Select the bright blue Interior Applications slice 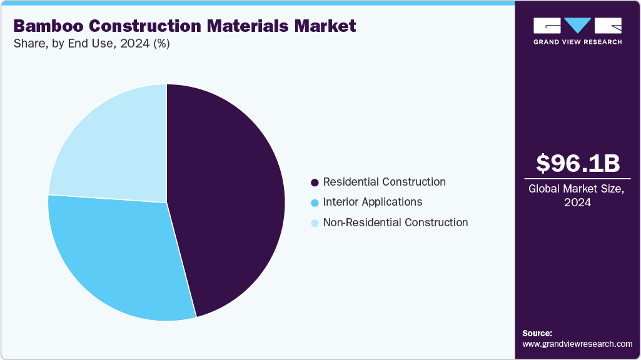[x=119, y=256]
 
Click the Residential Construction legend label [x=384, y=182]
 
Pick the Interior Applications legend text [x=372, y=202]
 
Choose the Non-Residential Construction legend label [x=395, y=222]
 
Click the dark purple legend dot [x=315, y=182]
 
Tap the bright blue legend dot [x=315, y=202]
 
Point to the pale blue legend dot [x=315, y=222]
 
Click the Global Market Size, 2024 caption [x=577, y=195]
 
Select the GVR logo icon [x=577, y=26]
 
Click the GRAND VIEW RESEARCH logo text [x=577, y=42]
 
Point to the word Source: [x=537, y=333]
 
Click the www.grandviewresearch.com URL [x=577, y=344]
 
